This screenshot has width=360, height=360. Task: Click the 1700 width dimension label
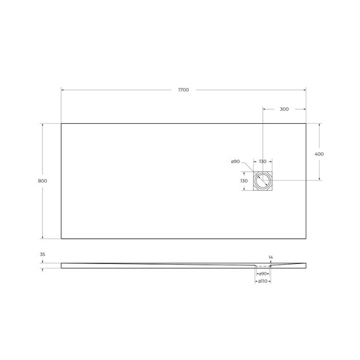tap(183, 90)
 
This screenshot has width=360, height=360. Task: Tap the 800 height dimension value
tap(42, 181)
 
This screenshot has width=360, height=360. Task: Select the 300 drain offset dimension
tap(284, 109)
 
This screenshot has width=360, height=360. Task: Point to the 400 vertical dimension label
tap(319, 154)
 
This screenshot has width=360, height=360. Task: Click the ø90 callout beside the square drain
tap(236, 162)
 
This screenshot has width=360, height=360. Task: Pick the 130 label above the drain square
tap(263, 162)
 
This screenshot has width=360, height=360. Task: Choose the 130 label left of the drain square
tap(244, 181)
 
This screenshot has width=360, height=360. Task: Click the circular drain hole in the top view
tap(263, 181)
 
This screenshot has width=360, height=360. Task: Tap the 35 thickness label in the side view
tap(42, 255)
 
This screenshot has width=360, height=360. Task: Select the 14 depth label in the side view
tap(270, 257)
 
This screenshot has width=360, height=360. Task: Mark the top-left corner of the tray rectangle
tap(61, 123)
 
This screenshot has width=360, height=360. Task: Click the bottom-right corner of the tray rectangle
tap(306, 239)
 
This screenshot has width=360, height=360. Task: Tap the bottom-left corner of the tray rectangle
tap(61, 239)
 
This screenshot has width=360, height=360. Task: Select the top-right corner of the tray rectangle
tap(306, 123)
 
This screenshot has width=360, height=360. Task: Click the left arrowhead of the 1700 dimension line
tap(63, 90)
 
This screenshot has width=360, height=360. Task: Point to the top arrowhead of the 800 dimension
tap(42, 124)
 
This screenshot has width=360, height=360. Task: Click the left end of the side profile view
tap(62, 265)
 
